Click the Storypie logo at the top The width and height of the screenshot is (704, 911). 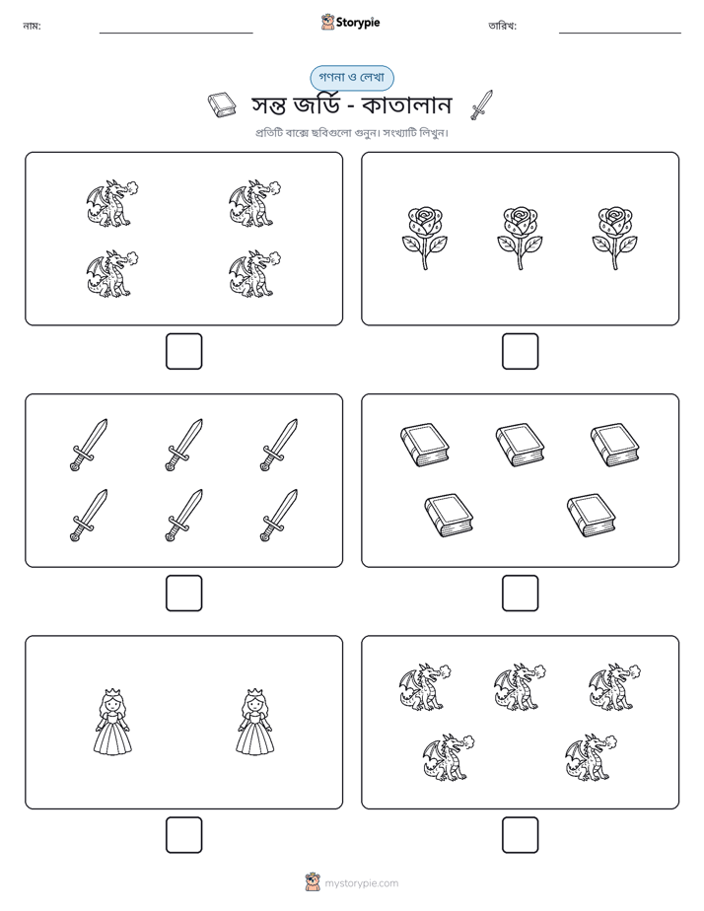(350, 22)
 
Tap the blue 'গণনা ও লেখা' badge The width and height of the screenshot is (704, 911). (351, 77)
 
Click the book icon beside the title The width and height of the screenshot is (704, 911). (222, 105)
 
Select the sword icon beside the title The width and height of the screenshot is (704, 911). (481, 105)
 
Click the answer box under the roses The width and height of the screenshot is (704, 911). (520, 352)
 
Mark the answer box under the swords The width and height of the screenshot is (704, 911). (183, 594)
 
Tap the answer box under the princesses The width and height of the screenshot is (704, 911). (183, 835)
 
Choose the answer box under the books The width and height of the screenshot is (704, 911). (520, 594)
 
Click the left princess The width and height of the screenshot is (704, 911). (112, 722)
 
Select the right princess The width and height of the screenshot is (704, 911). (255, 722)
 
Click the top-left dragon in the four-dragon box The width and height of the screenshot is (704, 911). (112, 203)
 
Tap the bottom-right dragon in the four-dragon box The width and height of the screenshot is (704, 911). (254, 274)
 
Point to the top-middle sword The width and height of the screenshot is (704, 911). (184, 445)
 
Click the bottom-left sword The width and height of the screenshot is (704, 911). (89, 516)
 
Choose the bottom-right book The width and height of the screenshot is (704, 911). (591, 516)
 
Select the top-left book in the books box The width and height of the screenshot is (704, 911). (425, 445)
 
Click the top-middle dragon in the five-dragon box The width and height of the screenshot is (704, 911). (520, 687)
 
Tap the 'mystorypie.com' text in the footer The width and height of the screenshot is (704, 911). (361, 883)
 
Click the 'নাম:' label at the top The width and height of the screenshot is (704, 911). (32, 26)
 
